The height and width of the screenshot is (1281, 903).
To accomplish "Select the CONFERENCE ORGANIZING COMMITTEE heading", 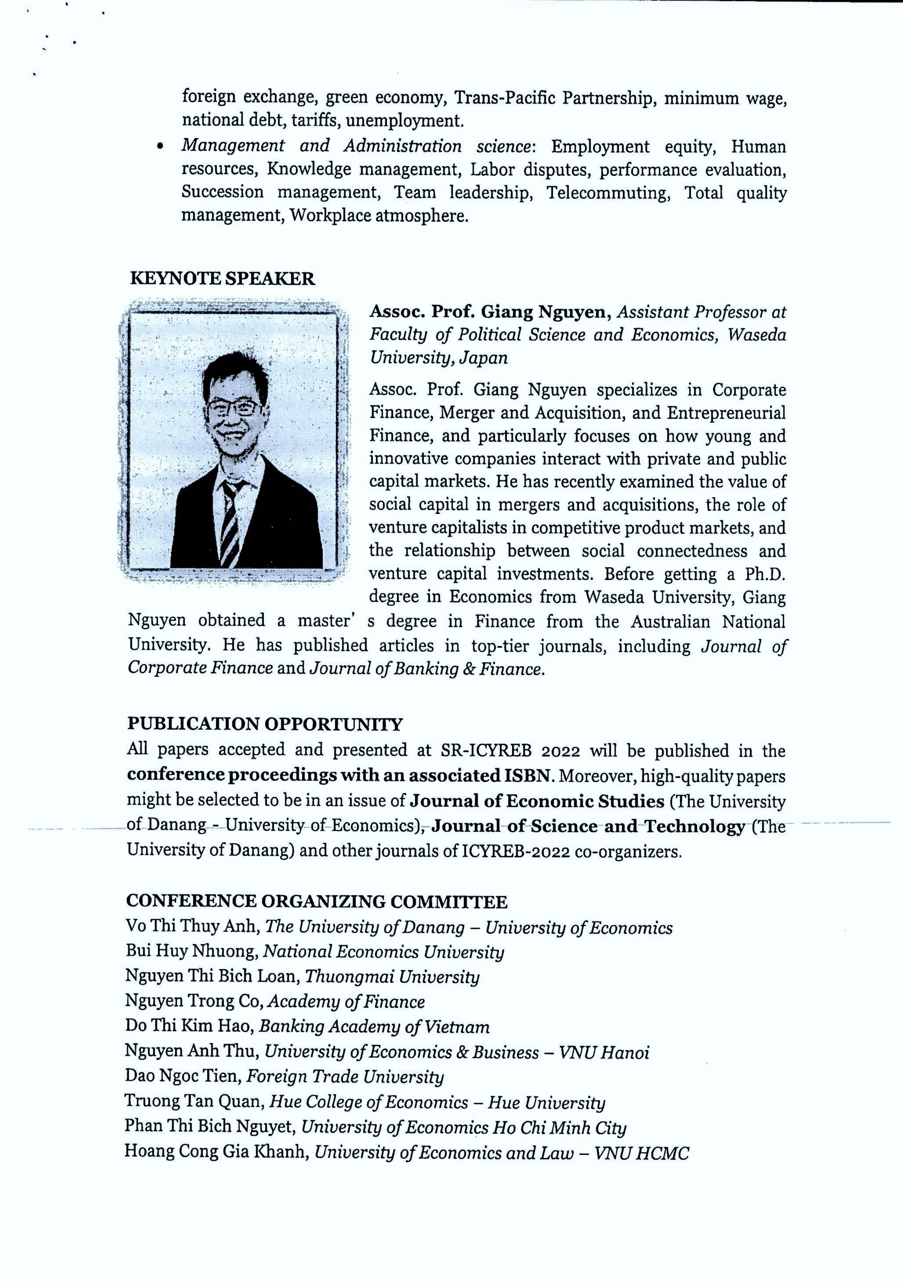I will pyautogui.click(x=316, y=901).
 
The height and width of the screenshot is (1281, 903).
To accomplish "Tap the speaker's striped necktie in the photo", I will pyautogui.click(x=230, y=522).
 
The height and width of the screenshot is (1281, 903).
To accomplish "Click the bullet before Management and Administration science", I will pyautogui.click(x=161, y=147).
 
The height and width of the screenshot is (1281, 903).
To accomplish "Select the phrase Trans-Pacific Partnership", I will pyautogui.click(x=553, y=98).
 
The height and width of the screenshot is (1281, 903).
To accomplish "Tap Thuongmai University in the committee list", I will pyautogui.click(x=392, y=977).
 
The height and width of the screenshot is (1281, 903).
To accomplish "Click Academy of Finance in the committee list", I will pyautogui.click(x=346, y=1001).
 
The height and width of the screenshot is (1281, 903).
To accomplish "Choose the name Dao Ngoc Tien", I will pyautogui.click(x=182, y=1076).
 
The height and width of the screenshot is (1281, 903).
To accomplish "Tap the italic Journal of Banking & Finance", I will pyautogui.click(x=426, y=669).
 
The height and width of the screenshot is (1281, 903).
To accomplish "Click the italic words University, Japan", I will pyautogui.click(x=438, y=358).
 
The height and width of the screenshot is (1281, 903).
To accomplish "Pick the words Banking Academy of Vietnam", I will pyautogui.click(x=374, y=1026).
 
